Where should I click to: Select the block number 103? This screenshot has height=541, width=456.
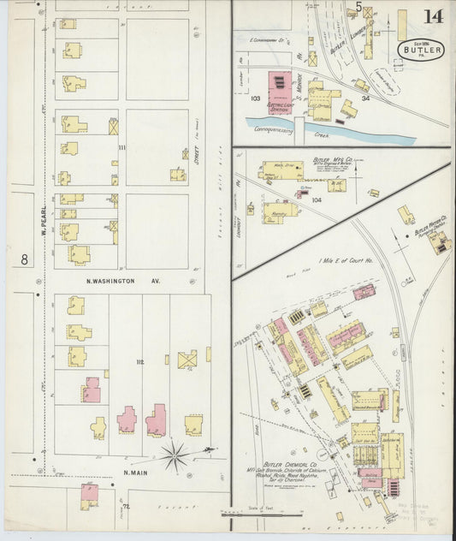(x=255, y=98)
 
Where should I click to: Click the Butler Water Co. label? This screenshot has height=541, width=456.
(x=432, y=233)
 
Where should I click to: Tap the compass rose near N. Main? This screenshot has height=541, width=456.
(x=175, y=455)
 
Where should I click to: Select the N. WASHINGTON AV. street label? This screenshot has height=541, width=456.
(x=122, y=281)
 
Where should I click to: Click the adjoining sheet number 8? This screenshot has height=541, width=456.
(x=25, y=258)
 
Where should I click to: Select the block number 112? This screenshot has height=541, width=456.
(x=139, y=362)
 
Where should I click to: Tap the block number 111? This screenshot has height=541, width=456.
(x=121, y=147)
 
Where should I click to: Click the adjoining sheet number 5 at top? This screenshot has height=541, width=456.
(x=358, y=7)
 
